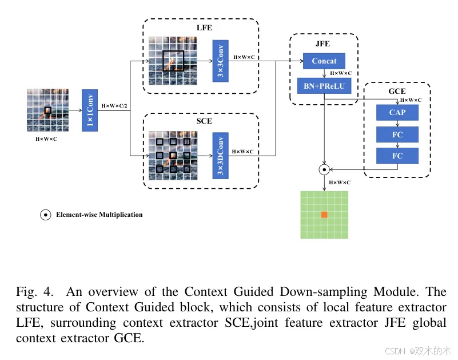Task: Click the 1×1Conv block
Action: click(90, 110)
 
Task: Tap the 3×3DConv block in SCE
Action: click(220, 156)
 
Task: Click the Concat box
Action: click(324, 61)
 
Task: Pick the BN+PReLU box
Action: click(324, 86)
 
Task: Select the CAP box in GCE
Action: click(397, 113)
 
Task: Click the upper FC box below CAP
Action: click(397, 134)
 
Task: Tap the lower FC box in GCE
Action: click(397, 156)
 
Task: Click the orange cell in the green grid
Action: click(324, 214)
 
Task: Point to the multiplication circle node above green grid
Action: click(324, 169)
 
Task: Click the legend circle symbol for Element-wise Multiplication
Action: click(45, 215)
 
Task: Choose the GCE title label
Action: click(397, 91)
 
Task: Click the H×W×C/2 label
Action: click(114, 106)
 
